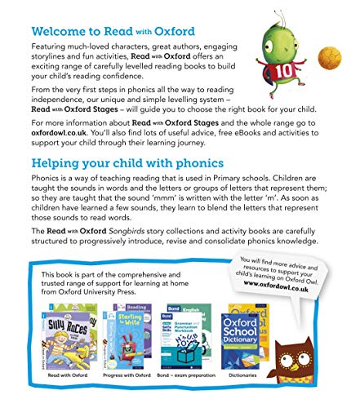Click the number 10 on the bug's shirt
click(289, 65)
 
